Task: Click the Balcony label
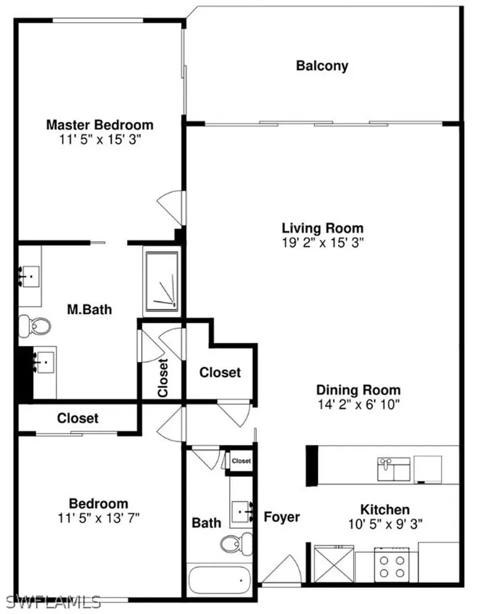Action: coord(322,66)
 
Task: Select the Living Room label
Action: coord(323,228)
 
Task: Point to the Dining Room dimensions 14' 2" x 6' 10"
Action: coord(358,404)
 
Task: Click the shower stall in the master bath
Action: coord(161,281)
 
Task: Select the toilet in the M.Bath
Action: coord(36,326)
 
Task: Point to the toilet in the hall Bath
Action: coord(232,544)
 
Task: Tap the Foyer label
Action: coord(281,517)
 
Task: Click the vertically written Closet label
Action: coord(162,378)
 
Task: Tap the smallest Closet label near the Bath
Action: coord(241,460)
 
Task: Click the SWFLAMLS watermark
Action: coord(51,600)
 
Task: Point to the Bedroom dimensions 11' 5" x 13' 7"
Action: coord(98,516)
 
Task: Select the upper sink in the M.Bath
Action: coord(29,276)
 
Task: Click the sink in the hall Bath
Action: coord(245,511)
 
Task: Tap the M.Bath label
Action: coord(89,310)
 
